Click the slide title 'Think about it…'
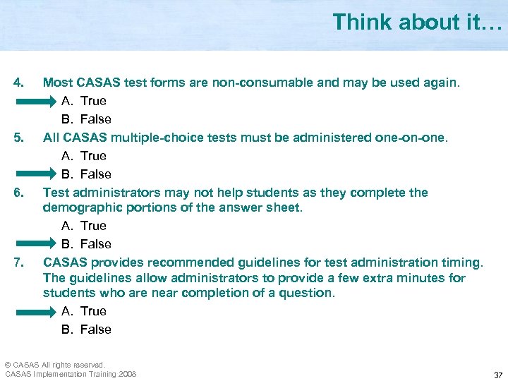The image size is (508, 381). coord(417,23)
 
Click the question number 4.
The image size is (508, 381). coord(20,83)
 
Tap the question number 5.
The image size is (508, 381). coord(20,138)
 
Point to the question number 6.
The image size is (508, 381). coord(20,193)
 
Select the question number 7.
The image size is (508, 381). coord(20,262)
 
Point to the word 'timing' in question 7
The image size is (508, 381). coord(459,262)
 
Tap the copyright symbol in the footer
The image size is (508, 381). coord(8,365)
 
